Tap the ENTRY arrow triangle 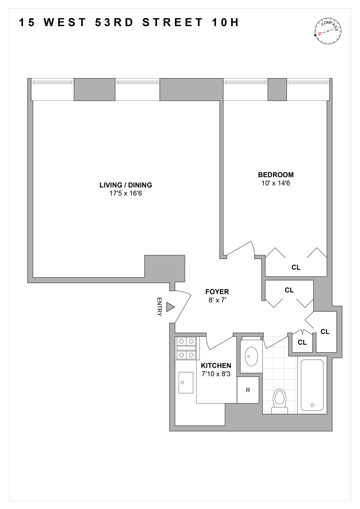click(170, 307)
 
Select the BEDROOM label click(276, 175)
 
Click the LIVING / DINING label click(126, 185)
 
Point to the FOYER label click(217, 291)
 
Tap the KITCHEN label click(216, 365)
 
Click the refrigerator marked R click(248, 390)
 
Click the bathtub click(312, 385)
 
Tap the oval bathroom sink click(251, 356)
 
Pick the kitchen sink click(186, 382)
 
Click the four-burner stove click(186, 348)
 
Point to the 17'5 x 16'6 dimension click(126, 194)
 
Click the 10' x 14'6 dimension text click(276, 184)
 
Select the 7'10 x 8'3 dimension click(216, 374)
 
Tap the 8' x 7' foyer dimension click(217, 300)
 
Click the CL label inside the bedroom click(296, 267)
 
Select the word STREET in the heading click(173, 22)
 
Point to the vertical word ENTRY click(159, 307)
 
